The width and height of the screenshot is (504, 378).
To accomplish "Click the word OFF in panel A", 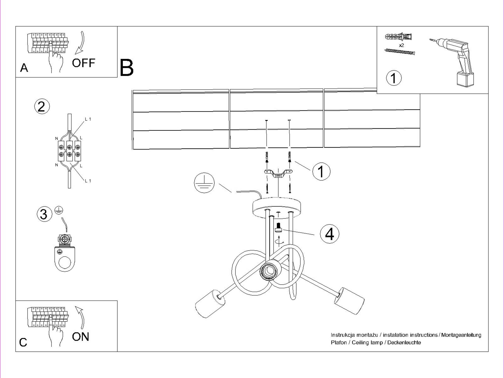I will pos(83,63).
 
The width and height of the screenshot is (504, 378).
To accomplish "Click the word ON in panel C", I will pos(80,337).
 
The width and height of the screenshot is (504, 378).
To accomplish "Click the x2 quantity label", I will pos(401,45).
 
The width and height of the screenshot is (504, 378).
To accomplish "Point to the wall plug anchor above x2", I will pos(398,37).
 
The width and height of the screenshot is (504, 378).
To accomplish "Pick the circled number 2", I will pos(42,106).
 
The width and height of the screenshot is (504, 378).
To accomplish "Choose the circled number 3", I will pos(44,214).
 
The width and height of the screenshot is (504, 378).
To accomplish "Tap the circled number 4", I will pos(329,234).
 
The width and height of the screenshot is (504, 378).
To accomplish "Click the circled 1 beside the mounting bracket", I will pos(321,171).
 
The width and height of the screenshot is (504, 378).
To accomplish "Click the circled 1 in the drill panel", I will pos(394,78).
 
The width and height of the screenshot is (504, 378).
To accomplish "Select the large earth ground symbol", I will pos(204,183).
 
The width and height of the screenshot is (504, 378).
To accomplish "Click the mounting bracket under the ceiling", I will pos(278,173).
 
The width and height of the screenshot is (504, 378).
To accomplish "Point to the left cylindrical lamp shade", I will pos(208,303).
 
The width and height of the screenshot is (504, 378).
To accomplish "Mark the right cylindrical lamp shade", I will pos(349,300).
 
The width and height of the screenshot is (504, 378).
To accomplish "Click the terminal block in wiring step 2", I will pos(70,151).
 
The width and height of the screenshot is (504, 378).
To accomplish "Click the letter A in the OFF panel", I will pos(24,68).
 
